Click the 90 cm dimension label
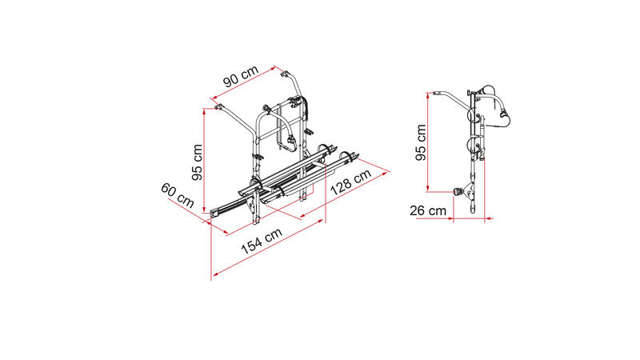pyautogui.click(x=242, y=76)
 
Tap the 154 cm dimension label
pyautogui.click(x=262, y=241)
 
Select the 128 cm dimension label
pyautogui.click(x=351, y=182)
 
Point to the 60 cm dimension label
pyautogui.click(x=177, y=195)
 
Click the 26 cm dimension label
pyautogui.click(x=428, y=210)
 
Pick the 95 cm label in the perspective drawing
pyautogui.click(x=197, y=162)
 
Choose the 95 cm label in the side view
pyautogui.click(x=421, y=142)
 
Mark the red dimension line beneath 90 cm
pyautogui.click(x=244, y=84)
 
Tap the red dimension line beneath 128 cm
pyautogui.click(x=344, y=195)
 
